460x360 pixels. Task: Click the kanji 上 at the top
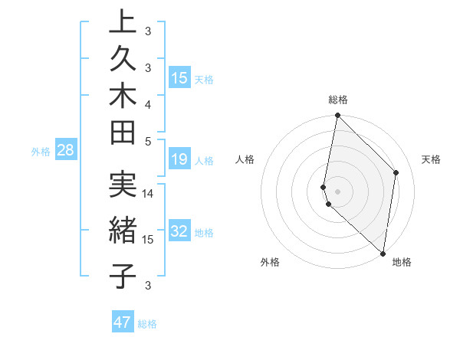tap(122, 23)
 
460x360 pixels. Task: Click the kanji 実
tap(122, 185)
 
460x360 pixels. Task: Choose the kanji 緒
tap(122, 231)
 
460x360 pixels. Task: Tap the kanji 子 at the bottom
tap(122, 277)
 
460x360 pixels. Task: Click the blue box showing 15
tap(179, 77)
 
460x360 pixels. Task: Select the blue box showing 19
tap(179, 159)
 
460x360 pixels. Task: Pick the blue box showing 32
tap(179, 231)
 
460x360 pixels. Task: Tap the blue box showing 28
tap(66, 151)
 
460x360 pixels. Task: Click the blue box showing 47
tap(123, 322)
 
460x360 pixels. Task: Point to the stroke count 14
tap(149, 194)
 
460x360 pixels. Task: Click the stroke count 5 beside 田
tap(148, 141)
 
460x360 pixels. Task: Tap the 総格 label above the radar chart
tap(338, 100)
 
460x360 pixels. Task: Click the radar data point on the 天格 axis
tap(396, 172)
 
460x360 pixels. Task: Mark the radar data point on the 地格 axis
tap(383, 253)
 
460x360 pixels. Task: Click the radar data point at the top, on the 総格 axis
tap(337, 116)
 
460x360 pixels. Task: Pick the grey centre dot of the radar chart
tap(337, 191)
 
